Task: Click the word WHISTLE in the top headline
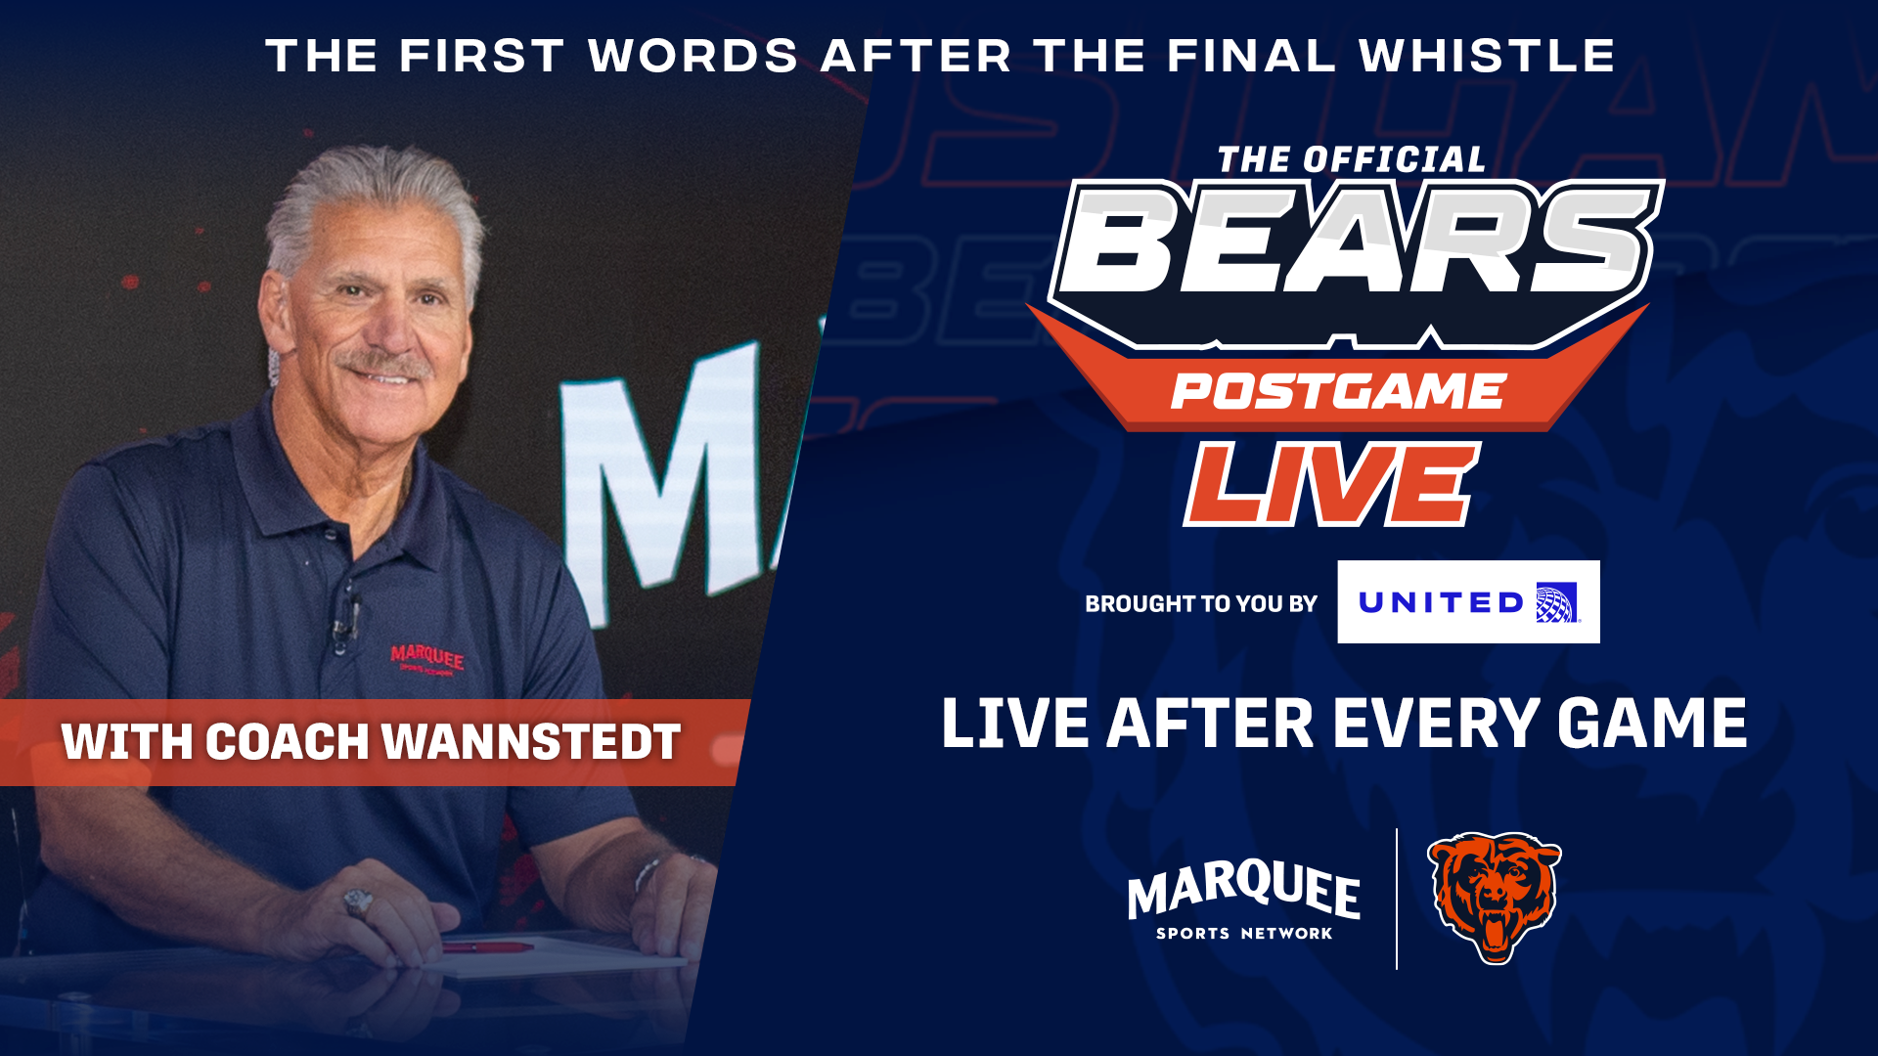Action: (1487, 56)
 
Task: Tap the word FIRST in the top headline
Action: (482, 56)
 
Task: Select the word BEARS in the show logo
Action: (1356, 241)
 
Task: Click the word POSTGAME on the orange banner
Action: (1338, 392)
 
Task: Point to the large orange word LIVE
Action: (1332, 484)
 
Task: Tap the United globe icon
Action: (1556, 602)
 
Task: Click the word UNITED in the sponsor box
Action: (1441, 602)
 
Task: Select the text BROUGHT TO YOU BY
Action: (1201, 604)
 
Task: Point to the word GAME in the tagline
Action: (1652, 725)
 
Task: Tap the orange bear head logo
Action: (1494, 898)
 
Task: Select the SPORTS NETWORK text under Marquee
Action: (1244, 934)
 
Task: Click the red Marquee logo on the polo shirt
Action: (427, 659)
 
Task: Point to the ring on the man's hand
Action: (358, 902)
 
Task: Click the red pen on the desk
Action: (486, 946)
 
